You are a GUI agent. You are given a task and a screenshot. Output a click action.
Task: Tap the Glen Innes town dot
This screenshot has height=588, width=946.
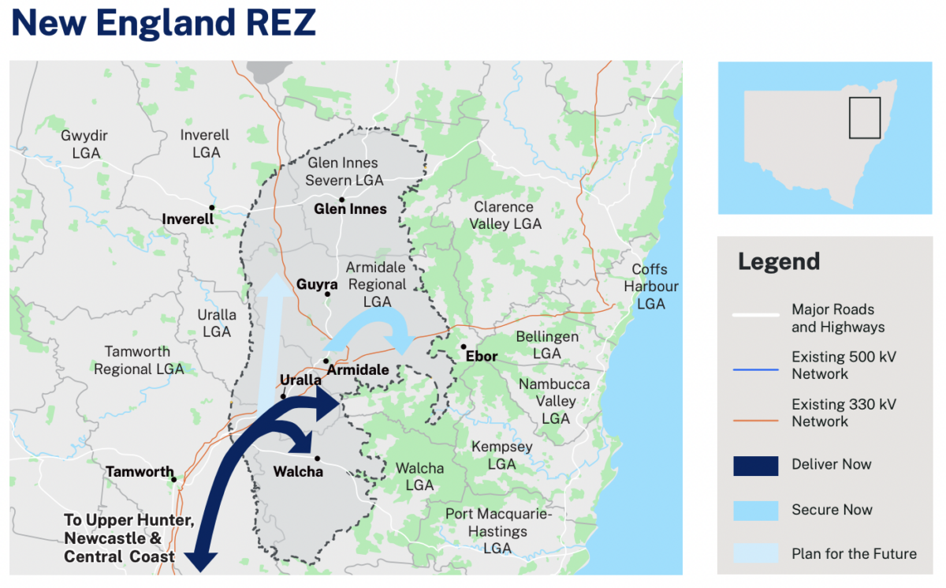point(342,200)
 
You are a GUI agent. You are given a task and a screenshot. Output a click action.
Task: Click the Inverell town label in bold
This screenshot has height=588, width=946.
point(188,219)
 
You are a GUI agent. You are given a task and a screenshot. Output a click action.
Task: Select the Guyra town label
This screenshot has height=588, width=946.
point(317,284)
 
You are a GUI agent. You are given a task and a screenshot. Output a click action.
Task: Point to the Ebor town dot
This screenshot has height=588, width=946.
point(464,346)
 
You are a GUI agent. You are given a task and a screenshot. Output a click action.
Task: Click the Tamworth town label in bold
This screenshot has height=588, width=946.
point(140,472)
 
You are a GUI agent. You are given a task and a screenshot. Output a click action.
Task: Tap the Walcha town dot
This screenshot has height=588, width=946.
point(317,459)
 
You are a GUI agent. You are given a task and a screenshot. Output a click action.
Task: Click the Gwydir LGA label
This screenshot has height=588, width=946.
point(84,144)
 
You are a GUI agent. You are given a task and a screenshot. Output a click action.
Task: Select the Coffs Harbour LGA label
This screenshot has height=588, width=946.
point(651,287)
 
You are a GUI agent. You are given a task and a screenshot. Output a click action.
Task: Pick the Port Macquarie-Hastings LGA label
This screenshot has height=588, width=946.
point(498,531)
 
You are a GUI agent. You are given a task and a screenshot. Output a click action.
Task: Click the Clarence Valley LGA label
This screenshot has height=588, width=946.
point(505,215)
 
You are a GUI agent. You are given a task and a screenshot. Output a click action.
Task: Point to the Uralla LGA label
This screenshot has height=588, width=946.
point(216,323)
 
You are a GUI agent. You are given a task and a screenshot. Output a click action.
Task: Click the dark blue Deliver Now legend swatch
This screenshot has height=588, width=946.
point(755,466)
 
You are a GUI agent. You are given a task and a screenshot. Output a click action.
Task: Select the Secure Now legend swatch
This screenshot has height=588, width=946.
point(755,510)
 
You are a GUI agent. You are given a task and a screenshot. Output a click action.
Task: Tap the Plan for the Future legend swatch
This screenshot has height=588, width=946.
point(755,553)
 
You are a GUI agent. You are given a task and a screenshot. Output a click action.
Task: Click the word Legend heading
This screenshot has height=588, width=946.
point(779,261)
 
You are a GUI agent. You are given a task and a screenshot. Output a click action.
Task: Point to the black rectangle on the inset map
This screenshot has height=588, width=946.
point(864,118)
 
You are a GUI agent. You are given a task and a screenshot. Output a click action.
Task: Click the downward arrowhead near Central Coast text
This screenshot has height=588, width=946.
point(201,560)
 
